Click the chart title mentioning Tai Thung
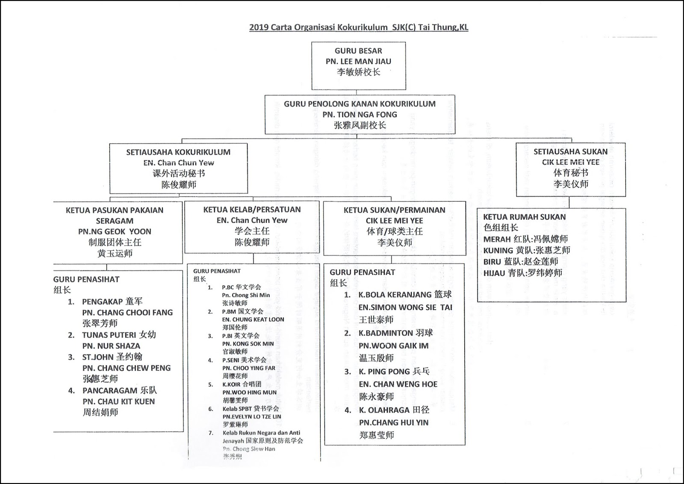pos(359,27)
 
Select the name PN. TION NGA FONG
pos(360,115)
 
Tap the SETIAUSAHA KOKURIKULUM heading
pos(178,152)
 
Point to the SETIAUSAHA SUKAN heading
pos(570,152)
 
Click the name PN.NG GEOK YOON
pos(115,232)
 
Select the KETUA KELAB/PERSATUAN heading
pos(252,210)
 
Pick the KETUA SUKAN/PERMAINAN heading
pos(394,210)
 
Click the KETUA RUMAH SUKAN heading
pos(524,217)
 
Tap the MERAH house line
pos(525,239)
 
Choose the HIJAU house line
pos(522,273)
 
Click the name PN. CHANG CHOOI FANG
pos(127,313)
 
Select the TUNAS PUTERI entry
pos(119,335)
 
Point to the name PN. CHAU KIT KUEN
pos(119,401)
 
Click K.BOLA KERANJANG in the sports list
pos(405,295)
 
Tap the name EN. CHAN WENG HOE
pos(398,384)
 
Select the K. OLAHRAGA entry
pos(394,410)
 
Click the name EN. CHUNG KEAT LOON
pos(253,320)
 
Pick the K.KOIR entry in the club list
pos(242,384)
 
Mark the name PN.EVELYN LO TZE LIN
pos(251,416)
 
